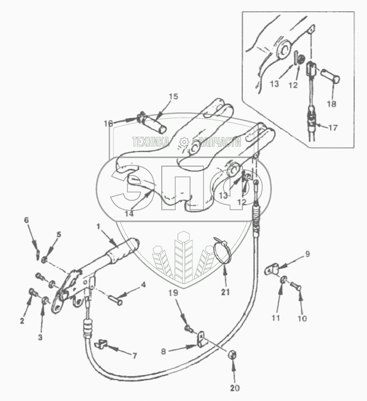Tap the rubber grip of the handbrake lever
[x=121, y=252]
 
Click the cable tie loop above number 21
[x=222, y=250]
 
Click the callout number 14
[x=130, y=214]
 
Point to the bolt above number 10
[x=295, y=286]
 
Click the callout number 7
[x=134, y=355]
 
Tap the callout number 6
[x=39, y=220]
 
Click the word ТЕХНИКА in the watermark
[x=150, y=142]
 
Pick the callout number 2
[x=21, y=322]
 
